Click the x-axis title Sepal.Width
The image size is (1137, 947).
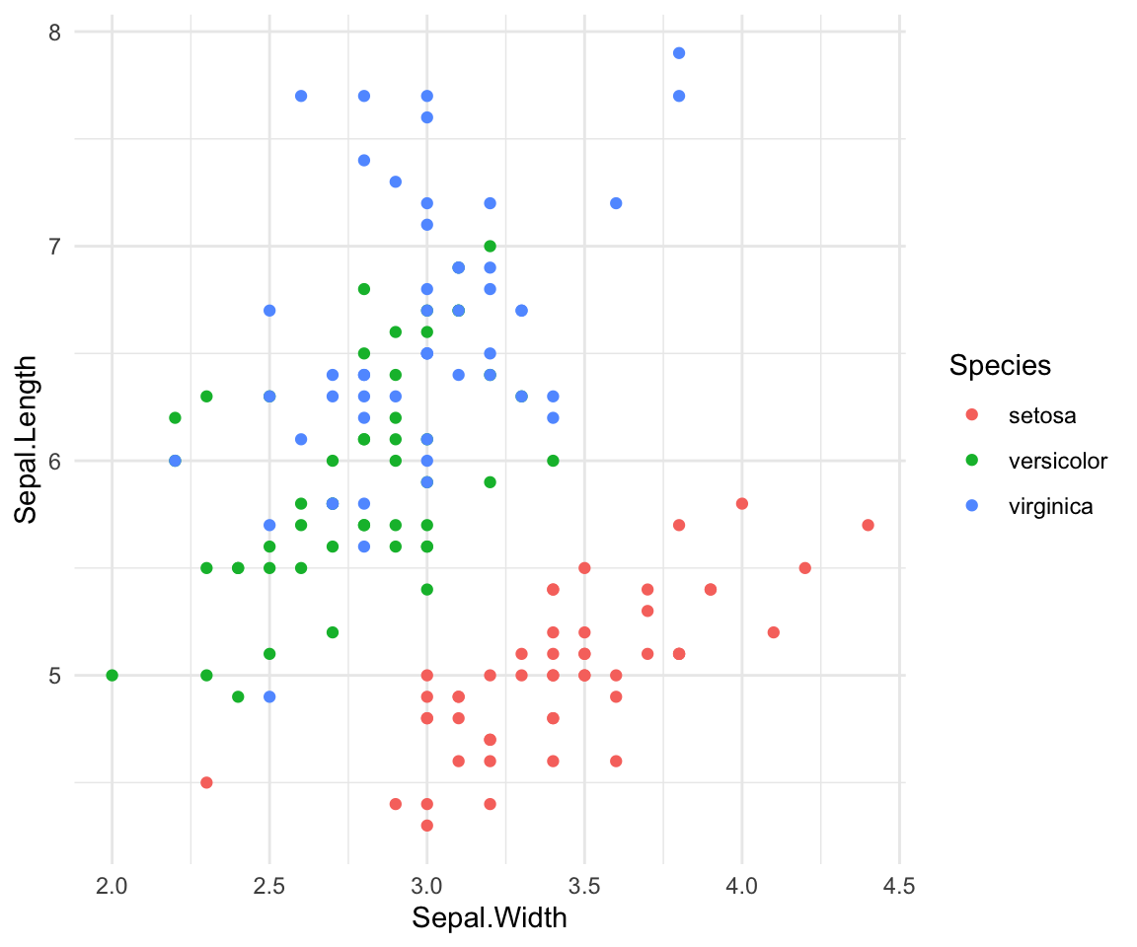[x=490, y=918]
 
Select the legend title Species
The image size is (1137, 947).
[x=999, y=366]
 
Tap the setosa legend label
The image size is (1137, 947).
[x=1042, y=415]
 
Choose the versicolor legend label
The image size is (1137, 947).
[x=1058, y=461]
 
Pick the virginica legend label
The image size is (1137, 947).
[x=1051, y=507]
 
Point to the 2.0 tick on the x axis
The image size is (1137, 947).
[x=113, y=886]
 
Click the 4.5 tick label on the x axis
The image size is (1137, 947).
[x=899, y=886]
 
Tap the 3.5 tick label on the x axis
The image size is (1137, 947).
[x=584, y=886]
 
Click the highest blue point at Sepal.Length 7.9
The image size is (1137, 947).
[x=679, y=53]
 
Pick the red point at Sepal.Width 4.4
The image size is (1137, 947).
[x=868, y=525]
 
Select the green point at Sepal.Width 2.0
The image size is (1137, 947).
[x=113, y=676]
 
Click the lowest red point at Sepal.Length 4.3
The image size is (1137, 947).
[x=426, y=825]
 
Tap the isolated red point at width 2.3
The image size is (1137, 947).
[x=206, y=782]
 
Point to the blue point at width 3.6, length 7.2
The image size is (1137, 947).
[x=616, y=203]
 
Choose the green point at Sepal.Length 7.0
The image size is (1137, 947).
[x=490, y=246]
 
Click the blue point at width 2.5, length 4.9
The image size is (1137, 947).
[x=269, y=696]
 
